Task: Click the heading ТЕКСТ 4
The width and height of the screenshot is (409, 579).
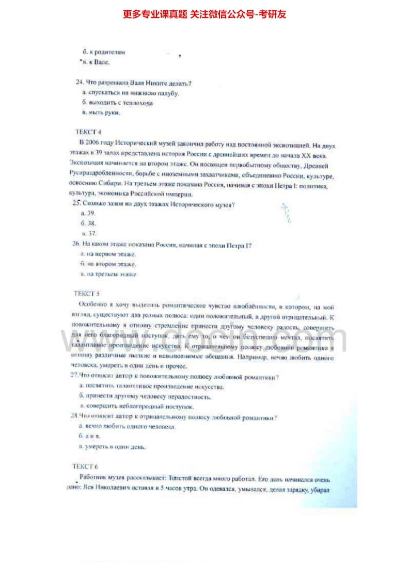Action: [89, 131]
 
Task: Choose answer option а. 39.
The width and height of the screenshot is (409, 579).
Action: [88, 214]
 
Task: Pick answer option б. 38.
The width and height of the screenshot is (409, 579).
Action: [88, 223]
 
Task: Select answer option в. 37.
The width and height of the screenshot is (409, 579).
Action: [89, 233]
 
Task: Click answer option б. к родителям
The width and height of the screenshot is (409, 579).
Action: [104, 52]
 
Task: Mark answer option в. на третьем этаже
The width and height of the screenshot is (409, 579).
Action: [109, 274]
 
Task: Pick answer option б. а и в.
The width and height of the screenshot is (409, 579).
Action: [90, 437]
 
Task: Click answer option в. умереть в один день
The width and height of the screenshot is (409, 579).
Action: [113, 446]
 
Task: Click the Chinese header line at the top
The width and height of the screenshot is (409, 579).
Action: [204, 14]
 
